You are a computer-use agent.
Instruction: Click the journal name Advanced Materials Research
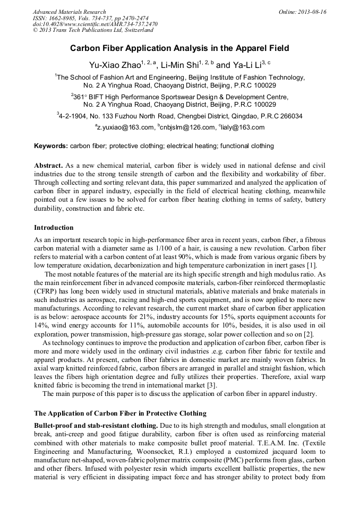pyautogui.click(x=69, y=12)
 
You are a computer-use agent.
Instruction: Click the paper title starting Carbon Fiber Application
pyautogui.click(x=179, y=48)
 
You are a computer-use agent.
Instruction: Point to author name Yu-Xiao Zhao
pyautogui.click(x=112, y=66)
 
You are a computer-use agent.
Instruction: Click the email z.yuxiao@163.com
pyautogui.click(x=125, y=128)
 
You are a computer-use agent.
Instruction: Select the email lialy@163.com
pyautogui.click(x=243, y=128)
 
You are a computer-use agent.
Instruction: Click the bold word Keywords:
pyautogui.click(x=51, y=146)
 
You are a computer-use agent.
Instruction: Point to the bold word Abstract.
pyautogui.click(x=48, y=166)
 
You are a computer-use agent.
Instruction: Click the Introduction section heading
pyautogui.click(x=54, y=228)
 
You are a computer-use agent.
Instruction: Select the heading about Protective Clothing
pyautogui.click(x=120, y=413)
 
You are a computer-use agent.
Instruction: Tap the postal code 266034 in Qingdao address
pyautogui.click(x=291, y=116)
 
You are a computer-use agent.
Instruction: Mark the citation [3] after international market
pyautogui.click(x=211, y=385)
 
